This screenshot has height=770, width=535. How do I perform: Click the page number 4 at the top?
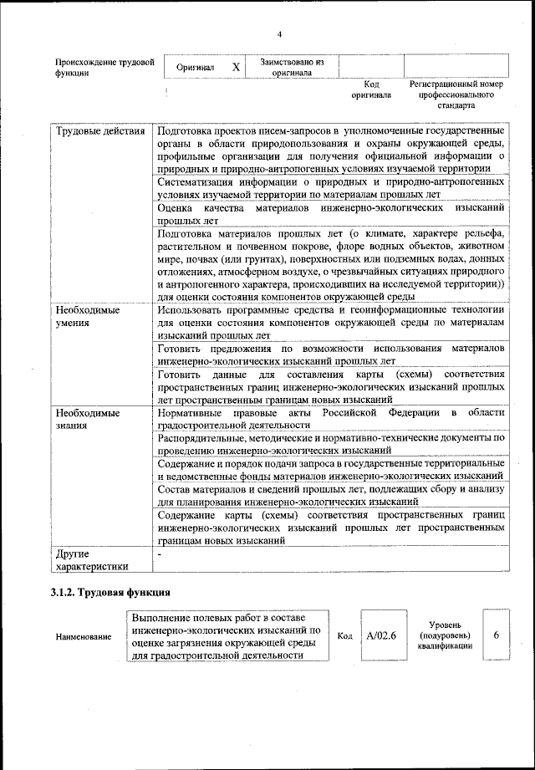coord(279,33)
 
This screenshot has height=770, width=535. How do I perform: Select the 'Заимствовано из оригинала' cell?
coord(292,67)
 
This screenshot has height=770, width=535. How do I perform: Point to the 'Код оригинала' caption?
coord(372,89)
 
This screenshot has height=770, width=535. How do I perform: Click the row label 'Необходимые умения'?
coord(87,315)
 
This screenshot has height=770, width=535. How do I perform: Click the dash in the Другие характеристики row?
coord(159,554)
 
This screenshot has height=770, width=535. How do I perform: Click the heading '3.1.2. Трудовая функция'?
coord(111,593)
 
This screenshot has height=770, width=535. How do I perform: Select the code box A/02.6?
coord(380,635)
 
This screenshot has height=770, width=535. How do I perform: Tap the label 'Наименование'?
coord(84,637)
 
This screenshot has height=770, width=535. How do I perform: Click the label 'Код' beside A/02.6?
coord(344,636)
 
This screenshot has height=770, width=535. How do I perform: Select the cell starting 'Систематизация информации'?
coord(331,189)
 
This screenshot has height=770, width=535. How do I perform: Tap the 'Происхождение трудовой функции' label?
coord(104,68)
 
